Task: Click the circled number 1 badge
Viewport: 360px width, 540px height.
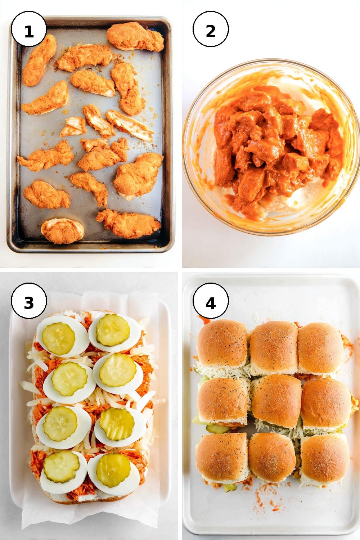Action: pos(29,29)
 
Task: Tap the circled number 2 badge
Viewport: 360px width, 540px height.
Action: pos(211,29)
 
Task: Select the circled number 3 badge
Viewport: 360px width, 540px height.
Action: pos(29,301)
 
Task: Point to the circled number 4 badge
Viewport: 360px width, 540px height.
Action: pos(211,301)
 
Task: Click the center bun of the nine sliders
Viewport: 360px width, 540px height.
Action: pos(276,401)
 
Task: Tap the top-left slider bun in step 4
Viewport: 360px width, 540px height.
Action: pos(222,343)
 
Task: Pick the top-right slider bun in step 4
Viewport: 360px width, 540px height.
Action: pos(321,347)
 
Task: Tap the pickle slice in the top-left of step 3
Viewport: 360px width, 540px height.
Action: pos(58,338)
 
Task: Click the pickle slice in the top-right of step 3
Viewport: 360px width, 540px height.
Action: pos(113,329)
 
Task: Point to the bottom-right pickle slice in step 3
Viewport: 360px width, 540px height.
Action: pos(113,470)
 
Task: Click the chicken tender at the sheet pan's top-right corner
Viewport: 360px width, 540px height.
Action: pos(135,37)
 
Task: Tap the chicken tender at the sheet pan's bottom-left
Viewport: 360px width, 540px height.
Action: pos(62,231)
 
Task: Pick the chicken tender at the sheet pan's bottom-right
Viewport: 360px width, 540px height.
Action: pos(129,223)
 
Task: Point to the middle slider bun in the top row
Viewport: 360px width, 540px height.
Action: pos(274,347)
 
